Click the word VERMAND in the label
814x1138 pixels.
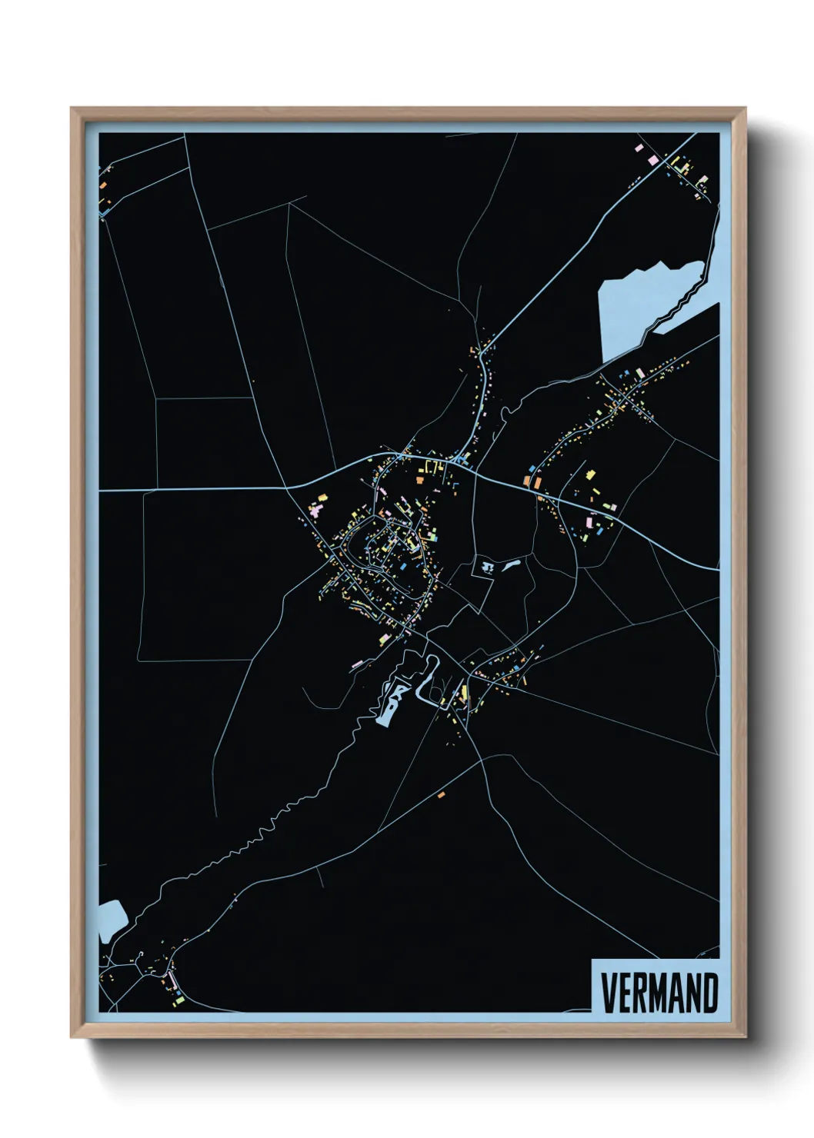[x=659, y=993]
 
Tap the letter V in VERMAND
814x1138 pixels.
[x=608, y=993]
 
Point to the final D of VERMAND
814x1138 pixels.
[x=710, y=993]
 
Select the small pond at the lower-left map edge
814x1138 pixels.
[x=112, y=920]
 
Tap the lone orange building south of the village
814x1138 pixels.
[x=442, y=794]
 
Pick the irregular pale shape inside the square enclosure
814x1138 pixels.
[x=486, y=567]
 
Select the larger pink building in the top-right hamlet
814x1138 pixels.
[x=656, y=159]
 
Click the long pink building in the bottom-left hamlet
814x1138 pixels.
[x=171, y=981]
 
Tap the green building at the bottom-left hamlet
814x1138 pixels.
[x=179, y=1000]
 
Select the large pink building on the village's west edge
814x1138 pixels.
[x=315, y=510]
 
